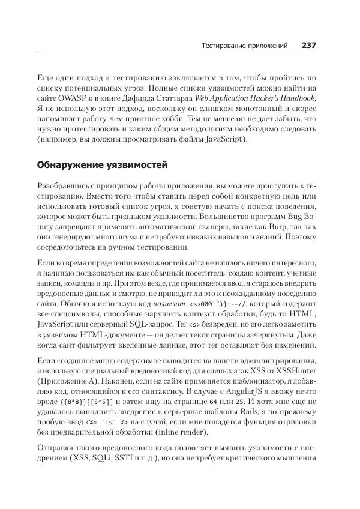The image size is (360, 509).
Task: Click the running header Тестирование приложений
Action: [244, 46]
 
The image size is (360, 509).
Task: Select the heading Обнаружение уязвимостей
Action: [102, 164]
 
